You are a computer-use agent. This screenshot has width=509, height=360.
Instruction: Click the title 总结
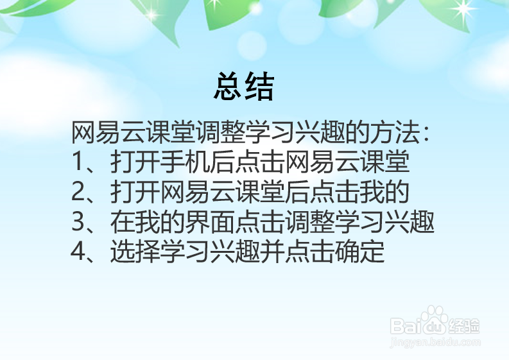244,87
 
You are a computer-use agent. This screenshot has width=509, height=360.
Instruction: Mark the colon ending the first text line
424,135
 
